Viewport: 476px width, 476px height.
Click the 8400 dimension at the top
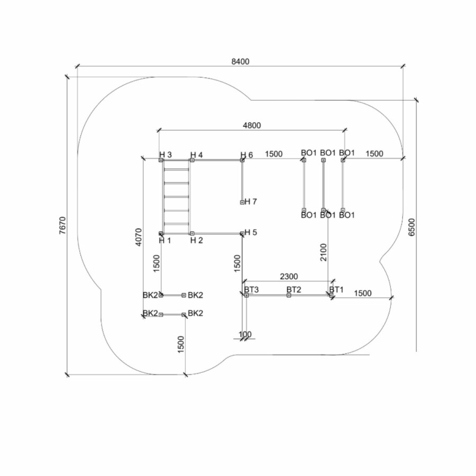click(240, 61)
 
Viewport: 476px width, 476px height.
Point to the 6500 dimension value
click(411, 226)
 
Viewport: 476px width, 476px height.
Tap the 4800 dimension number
click(252, 125)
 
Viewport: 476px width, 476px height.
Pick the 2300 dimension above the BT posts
click(288, 276)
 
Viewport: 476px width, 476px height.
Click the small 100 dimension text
click(245, 334)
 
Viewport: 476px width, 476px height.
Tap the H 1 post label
click(166, 240)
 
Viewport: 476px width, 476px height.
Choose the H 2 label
click(196, 240)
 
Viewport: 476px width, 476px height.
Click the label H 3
click(166, 154)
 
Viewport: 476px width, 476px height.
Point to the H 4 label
click(196, 154)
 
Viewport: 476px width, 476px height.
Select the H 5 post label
click(251, 233)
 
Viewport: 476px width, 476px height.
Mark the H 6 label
click(247, 154)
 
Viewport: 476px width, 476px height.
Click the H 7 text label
click(251, 202)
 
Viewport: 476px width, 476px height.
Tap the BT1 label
click(336, 289)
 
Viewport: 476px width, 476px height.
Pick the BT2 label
click(294, 289)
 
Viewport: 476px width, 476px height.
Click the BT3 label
click(251, 289)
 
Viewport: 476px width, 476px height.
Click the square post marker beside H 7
click(242, 202)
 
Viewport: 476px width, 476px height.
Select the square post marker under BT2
click(289, 295)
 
